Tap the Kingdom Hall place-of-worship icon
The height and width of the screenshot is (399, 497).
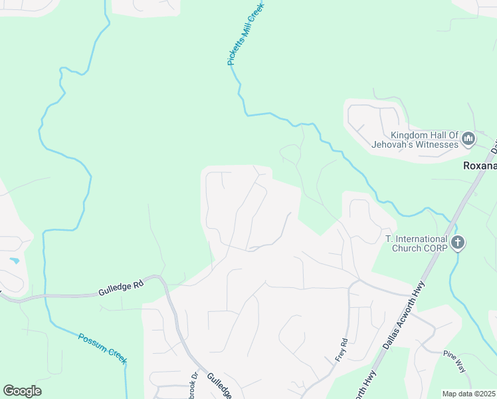pos(468,139)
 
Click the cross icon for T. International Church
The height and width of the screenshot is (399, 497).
pos(457,243)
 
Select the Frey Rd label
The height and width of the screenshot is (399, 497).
pos(342,350)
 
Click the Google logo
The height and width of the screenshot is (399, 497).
pos(22,391)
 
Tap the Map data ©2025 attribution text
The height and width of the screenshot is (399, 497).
pos(468,394)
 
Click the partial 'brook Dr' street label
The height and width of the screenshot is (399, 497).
pos(195,384)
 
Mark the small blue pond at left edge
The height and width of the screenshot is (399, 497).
pos(13,260)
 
